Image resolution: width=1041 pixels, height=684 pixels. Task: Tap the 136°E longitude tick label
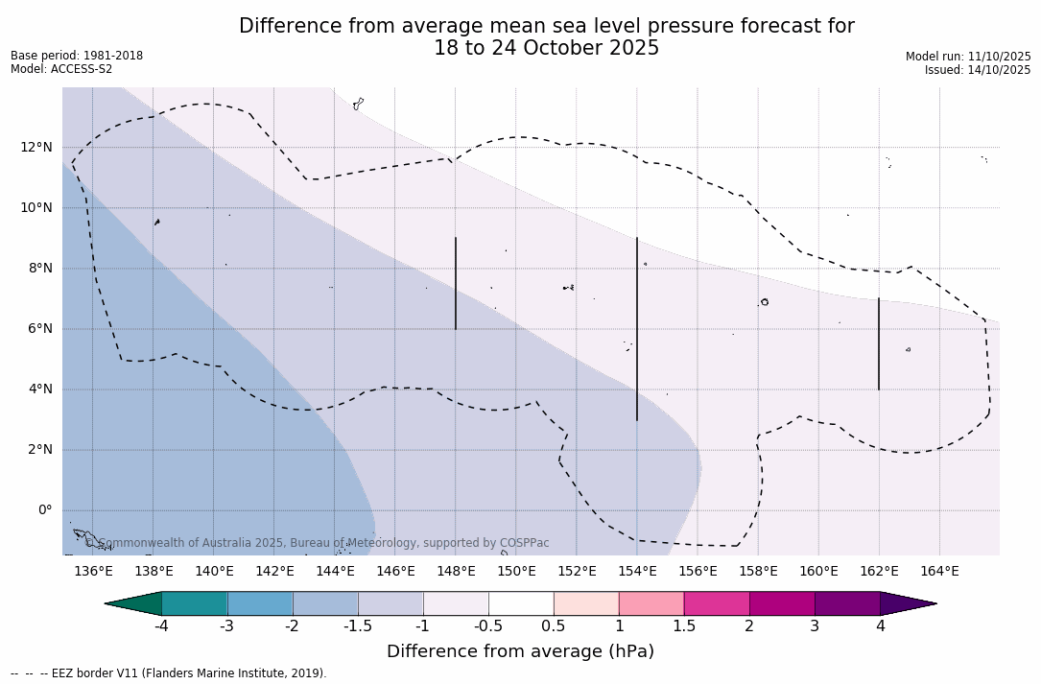[93, 572]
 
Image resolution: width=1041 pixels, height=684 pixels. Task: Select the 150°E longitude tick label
[516, 572]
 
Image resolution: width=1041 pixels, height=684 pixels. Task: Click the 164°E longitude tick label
[939, 572]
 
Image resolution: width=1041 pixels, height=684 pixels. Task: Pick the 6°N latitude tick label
[39, 328]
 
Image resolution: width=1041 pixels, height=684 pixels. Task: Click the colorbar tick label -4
[162, 626]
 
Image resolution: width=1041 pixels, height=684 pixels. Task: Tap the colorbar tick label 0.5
[554, 626]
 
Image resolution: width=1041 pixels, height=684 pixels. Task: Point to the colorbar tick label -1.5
[358, 626]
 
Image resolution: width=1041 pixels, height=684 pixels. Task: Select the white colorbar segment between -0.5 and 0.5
[521, 603]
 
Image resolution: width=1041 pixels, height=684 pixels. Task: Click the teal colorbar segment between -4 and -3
[195, 603]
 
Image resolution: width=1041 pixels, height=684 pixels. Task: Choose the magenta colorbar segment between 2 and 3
[782, 603]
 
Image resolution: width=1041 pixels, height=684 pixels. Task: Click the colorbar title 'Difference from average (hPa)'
[520, 652]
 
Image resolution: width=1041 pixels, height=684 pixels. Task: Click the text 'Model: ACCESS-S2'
[61, 69]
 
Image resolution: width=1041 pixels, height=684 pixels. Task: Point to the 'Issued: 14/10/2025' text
[978, 70]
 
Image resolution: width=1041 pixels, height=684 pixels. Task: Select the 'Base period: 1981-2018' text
[77, 56]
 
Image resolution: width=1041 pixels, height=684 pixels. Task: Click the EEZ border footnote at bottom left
[169, 673]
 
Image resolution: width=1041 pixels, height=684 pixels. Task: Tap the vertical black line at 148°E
[456, 283]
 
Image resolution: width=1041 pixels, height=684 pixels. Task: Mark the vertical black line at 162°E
[879, 343]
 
